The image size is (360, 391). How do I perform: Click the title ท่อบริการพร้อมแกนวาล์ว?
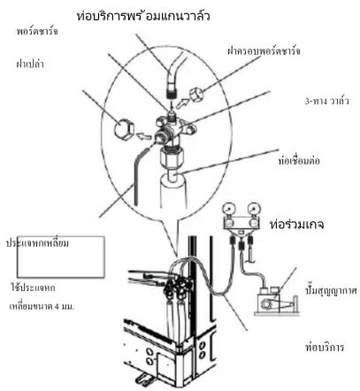143,15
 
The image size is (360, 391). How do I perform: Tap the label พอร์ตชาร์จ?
37,31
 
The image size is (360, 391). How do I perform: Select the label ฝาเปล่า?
30,64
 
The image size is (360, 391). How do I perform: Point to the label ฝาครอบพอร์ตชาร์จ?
264,50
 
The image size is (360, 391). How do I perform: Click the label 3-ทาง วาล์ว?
326,101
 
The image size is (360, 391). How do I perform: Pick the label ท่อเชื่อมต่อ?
299,161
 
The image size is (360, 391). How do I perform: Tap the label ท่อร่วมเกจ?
297,225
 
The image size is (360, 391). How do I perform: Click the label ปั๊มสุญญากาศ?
332,290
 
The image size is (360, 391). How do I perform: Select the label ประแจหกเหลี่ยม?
37,243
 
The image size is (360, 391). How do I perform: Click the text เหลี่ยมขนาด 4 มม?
42,306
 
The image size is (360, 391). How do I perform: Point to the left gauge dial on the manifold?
229,210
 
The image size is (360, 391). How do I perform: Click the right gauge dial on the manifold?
254,210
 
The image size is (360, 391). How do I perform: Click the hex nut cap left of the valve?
124,129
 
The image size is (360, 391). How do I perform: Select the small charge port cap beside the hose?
196,95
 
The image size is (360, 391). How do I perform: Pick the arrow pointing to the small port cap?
182,103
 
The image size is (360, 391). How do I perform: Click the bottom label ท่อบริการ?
325,347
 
